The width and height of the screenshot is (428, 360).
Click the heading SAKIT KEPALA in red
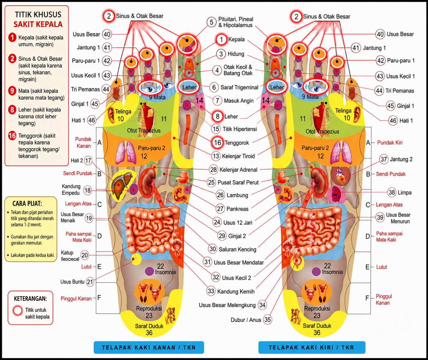click(x=38, y=24)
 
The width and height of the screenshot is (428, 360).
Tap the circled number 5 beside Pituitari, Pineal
click(x=212, y=22)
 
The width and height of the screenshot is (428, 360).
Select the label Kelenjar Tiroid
click(x=238, y=156)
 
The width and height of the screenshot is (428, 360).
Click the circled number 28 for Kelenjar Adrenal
click(x=214, y=170)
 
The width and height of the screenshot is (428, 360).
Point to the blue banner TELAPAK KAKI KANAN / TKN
click(x=149, y=347)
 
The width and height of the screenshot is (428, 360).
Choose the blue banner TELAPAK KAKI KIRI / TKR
click(x=312, y=347)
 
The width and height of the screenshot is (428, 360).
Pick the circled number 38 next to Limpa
click(x=392, y=192)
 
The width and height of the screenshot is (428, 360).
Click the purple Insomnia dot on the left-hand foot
click(x=149, y=271)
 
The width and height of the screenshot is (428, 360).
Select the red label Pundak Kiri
click(x=390, y=143)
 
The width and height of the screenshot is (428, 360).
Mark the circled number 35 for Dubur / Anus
click(x=267, y=319)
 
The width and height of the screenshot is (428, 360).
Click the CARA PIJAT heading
click(x=27, y=204)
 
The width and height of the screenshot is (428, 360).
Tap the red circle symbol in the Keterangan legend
click(x=18, y=311)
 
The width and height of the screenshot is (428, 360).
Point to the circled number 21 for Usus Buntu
click(x=90, y=282)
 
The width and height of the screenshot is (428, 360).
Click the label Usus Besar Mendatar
click(x=239, y=262)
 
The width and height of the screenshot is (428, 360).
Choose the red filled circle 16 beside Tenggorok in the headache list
click(x=12, y=136)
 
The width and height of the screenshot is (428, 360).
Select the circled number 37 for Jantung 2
click(x=384, y=159)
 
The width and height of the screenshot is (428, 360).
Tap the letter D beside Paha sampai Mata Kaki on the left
click(x=99, y=236)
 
